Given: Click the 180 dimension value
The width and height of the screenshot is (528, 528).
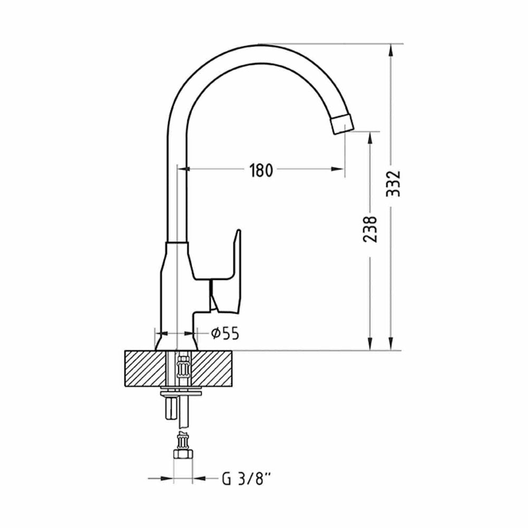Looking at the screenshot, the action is (x=261, y=170).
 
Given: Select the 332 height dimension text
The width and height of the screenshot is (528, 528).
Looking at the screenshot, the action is (x=393, y=184).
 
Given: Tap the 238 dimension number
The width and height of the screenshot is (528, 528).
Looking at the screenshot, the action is (x=370, y=230).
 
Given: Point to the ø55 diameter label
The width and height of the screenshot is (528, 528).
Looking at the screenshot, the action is (x=225, y=333).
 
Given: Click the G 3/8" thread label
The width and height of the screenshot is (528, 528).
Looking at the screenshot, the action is (x=247, y=478).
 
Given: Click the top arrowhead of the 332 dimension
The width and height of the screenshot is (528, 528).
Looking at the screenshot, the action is (x=391, y=51).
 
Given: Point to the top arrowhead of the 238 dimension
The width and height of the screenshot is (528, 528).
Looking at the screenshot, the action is (x=371, y=138).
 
